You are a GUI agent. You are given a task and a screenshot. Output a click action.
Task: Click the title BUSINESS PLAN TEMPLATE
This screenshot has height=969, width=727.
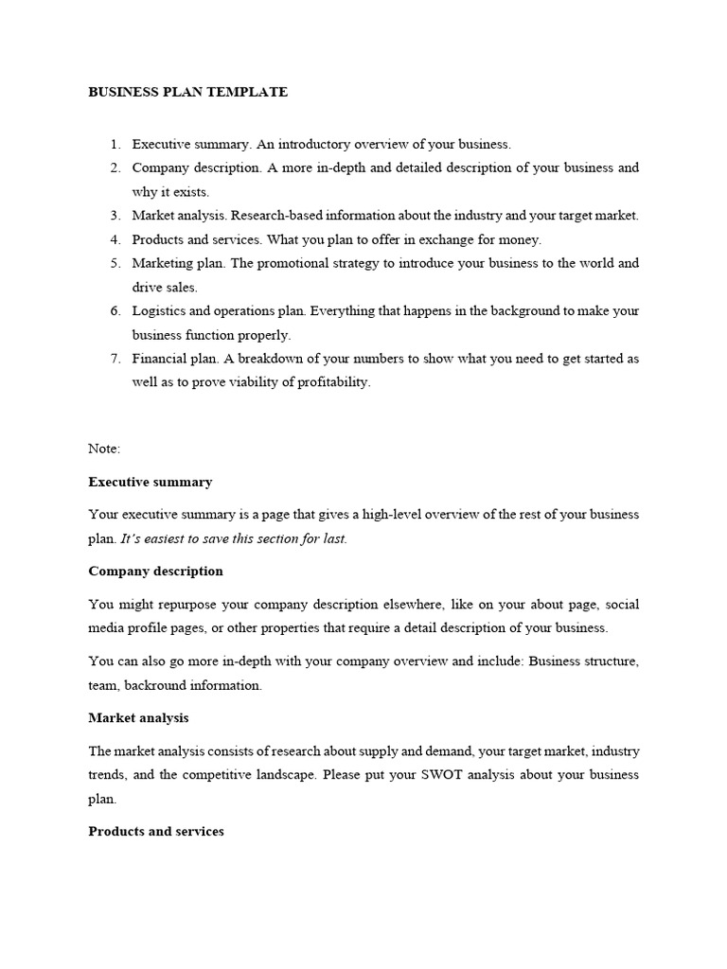187,92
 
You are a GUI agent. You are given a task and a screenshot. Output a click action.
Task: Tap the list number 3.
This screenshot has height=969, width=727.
115,216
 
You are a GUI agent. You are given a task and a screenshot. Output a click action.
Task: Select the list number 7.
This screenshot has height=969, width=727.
115,359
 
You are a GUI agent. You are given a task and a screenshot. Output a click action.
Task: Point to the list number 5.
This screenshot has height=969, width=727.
115,263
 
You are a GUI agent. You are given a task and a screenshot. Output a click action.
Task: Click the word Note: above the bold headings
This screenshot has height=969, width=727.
104,449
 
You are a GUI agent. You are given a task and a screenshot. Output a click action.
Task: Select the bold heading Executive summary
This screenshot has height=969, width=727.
151,482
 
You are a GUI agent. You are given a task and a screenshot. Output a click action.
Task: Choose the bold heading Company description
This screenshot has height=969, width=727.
155,572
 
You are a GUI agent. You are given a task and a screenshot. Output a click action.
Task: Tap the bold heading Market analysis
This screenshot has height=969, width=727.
138,718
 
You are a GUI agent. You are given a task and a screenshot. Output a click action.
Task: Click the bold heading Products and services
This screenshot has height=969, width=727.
156,832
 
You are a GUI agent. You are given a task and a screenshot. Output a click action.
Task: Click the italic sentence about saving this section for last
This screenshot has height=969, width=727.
234,538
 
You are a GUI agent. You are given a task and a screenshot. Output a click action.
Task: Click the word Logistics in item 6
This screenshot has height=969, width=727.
157,310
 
